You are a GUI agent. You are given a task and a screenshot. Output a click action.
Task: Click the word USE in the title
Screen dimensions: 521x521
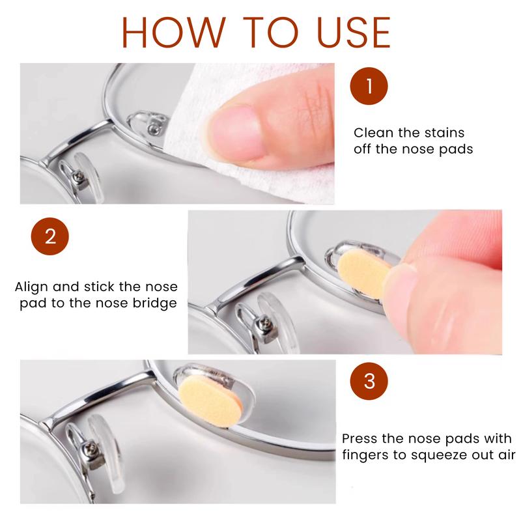(x=354, y=32)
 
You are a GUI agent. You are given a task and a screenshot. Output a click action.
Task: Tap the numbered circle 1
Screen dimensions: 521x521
(x=369, y=86)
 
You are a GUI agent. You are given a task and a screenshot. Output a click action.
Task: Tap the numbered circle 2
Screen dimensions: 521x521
(x=50, y=236)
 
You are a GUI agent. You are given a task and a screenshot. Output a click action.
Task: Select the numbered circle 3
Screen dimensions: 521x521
(x=369, y=381)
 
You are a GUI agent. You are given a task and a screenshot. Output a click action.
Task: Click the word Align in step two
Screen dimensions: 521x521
(x=31, y=287)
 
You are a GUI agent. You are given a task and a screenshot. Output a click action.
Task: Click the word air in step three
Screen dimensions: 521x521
(x=507, y=455)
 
